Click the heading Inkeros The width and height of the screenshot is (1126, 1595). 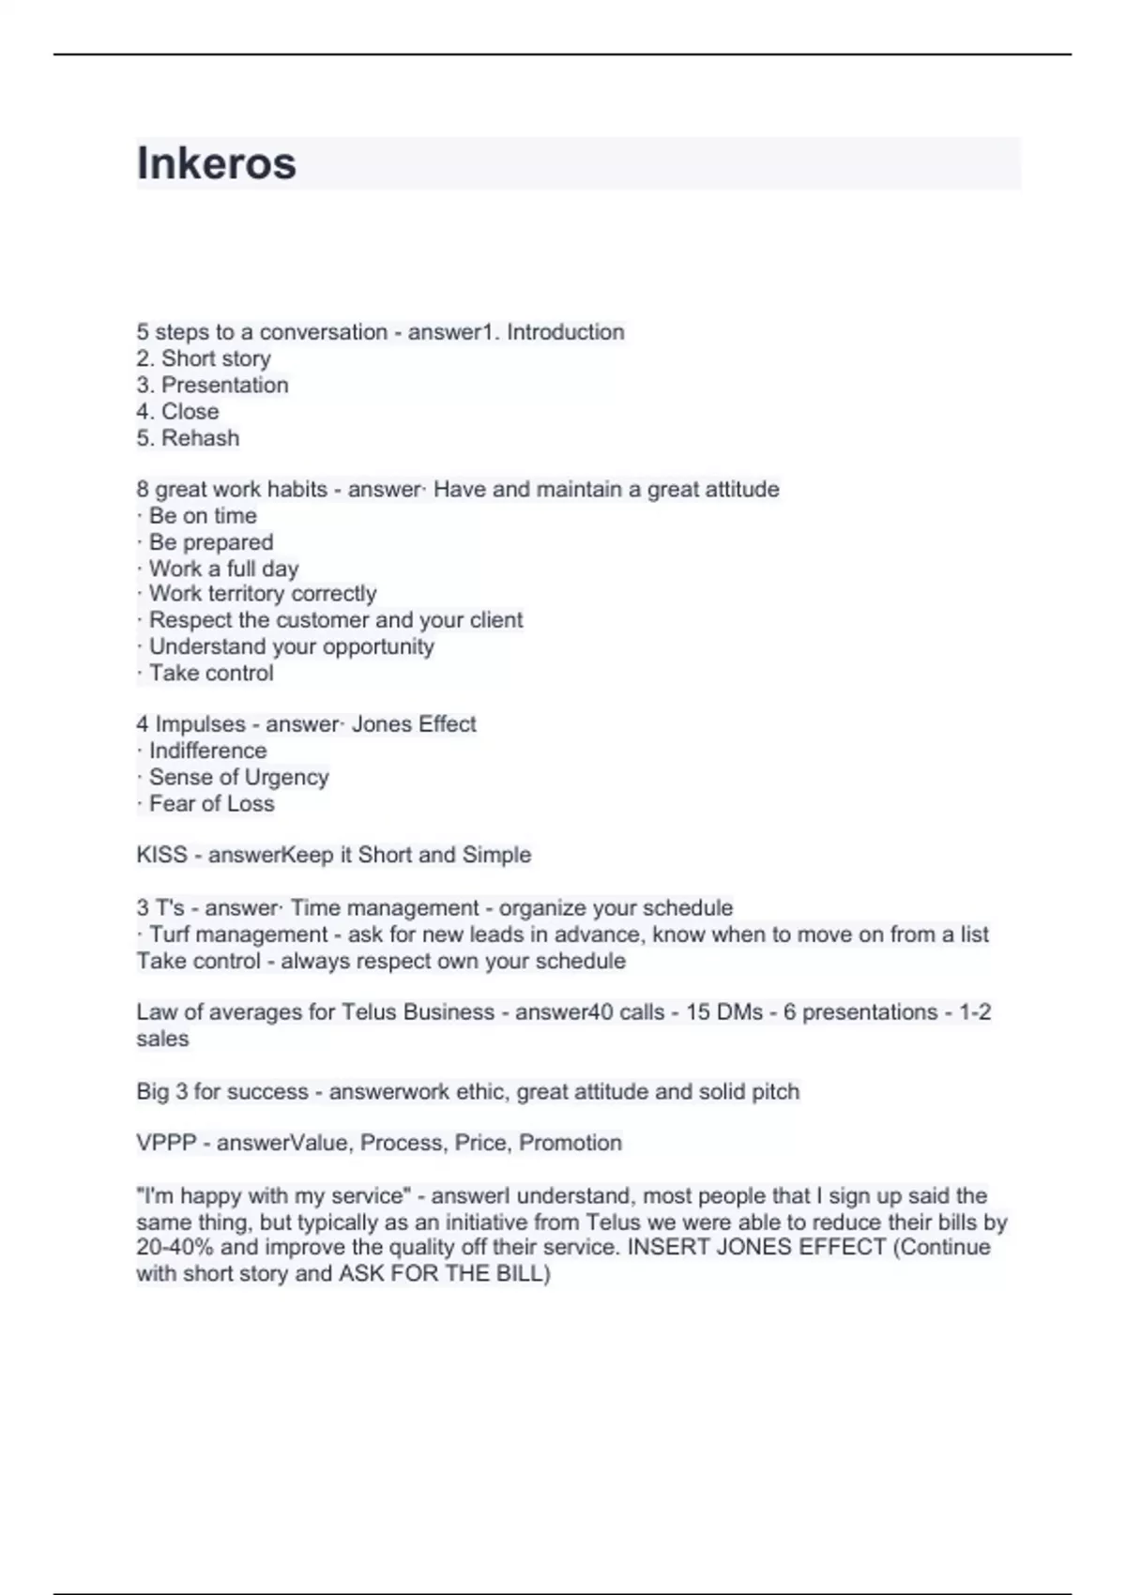[x=217, y=163]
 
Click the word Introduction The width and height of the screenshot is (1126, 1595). [x=565, y=332]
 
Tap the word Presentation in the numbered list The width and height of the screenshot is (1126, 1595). [x=225, y=385]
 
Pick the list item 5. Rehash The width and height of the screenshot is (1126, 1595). [x=188, y=438]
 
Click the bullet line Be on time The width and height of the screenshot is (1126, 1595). [x=202, y=516]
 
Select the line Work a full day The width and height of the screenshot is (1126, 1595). [x=223, y=569]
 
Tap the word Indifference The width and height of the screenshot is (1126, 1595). [x=207, y=751]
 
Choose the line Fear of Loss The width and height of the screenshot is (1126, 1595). [x=211, y=804]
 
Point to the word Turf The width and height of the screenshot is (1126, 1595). [x=169, y=934]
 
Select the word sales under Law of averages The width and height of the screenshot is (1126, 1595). [x=162, y=1039]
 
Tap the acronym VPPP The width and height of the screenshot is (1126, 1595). [x=166, y=1143]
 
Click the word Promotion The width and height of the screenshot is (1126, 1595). [x=571, y=1143]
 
